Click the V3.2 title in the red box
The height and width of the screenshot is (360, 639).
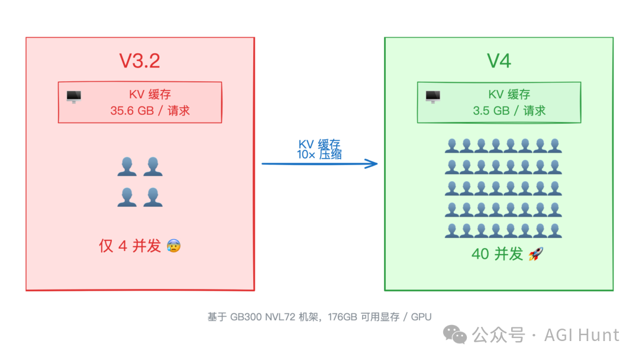tap(140, 61)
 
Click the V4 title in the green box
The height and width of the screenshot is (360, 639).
tap(499, 61)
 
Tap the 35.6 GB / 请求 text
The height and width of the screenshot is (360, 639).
tap(150, 111)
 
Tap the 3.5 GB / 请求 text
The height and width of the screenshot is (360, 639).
tap(509, 111)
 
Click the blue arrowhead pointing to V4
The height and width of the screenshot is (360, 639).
tap(372, 163)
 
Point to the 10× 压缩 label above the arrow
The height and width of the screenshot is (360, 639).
tap(319, 155)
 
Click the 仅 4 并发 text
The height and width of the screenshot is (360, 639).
tap(130, 246)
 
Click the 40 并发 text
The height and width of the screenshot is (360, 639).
tap(497, 254)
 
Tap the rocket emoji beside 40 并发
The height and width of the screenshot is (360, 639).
tap(535, 254)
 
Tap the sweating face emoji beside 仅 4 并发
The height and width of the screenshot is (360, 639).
tap(173, 246)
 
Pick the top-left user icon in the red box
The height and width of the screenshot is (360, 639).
tap(127, 167)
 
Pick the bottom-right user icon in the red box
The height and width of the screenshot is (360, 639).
tap(153, 197)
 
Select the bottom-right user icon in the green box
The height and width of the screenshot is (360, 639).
tap(554, 230)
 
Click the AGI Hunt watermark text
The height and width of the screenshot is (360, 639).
tap(581, 335)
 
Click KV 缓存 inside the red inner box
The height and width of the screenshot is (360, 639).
tap(150, 95)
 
